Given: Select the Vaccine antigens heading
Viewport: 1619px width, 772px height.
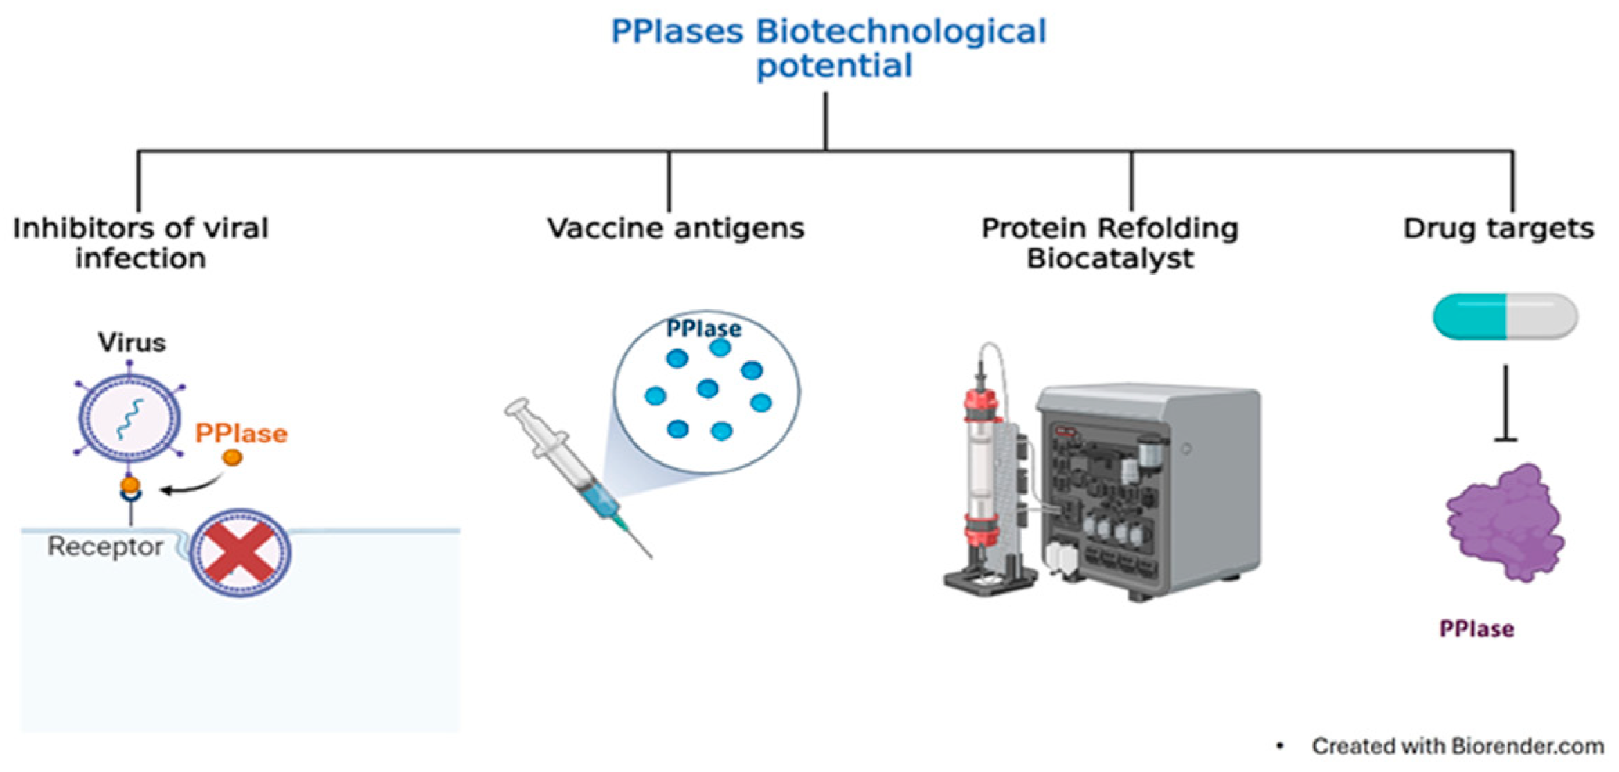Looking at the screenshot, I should (676, 228).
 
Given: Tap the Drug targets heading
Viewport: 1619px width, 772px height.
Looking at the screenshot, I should (1499, 228).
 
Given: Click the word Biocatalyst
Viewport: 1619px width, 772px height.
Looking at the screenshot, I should (1110, 259).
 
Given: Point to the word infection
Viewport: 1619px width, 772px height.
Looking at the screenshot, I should (141, 259).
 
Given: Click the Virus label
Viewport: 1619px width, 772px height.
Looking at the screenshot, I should (132, 342).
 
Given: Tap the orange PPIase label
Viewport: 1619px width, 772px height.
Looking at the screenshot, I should (241, 434).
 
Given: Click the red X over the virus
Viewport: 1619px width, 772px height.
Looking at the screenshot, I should (240, 553).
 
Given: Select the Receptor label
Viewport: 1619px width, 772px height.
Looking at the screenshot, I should (105, 546).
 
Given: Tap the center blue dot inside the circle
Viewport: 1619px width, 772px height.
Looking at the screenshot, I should (707, 389).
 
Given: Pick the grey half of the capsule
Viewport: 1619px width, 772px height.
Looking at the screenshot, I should (1542, 317).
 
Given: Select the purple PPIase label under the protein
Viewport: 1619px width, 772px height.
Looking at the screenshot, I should (1476, 629).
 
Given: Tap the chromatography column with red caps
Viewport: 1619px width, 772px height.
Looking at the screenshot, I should (982, 477).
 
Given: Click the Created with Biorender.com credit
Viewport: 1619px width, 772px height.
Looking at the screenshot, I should (1458, 746).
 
